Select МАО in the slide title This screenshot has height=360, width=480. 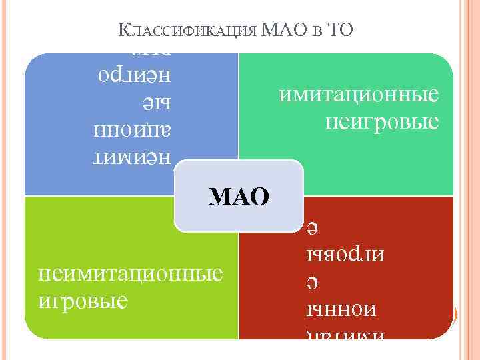[282, 31]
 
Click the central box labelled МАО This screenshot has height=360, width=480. [239, 196]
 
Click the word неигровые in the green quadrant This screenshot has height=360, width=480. [382, 122]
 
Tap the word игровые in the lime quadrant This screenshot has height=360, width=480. [83, 300]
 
